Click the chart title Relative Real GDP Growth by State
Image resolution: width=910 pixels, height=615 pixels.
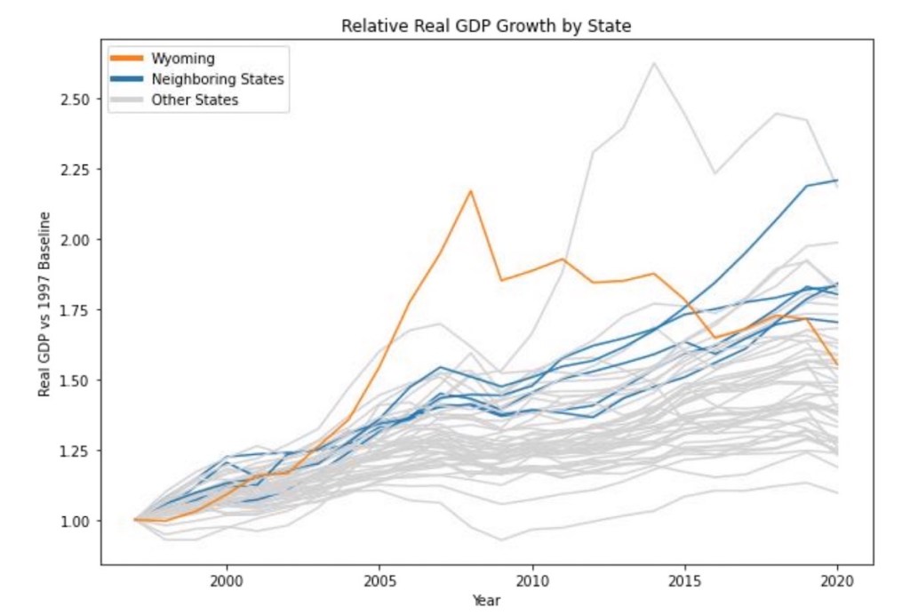[x=486, y=27]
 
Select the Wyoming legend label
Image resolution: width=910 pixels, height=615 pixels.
[x=182, y=59]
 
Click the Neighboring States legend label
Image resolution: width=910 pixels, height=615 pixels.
[x=218, y=79]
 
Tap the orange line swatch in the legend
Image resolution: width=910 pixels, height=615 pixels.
[x=126, y=59]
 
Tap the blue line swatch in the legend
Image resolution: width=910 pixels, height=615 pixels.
[x=126, y=79]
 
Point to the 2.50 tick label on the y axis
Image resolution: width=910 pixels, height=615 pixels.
[x=76, y=99]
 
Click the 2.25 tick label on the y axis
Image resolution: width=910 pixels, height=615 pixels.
[x=76, y=169]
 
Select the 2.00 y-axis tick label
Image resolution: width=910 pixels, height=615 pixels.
[x=76, y=239]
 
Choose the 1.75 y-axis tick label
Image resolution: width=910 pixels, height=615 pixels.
[x=76, y=309]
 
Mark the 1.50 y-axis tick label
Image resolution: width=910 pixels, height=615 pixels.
[x=76, y=379]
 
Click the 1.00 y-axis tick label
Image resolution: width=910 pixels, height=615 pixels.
[x=76, y=521]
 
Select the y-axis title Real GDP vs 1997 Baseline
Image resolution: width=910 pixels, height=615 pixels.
[x=44, y=304]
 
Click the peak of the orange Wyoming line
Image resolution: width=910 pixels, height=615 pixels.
[x=471, y=190]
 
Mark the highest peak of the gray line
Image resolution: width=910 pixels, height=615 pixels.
[x=654, y=62]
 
